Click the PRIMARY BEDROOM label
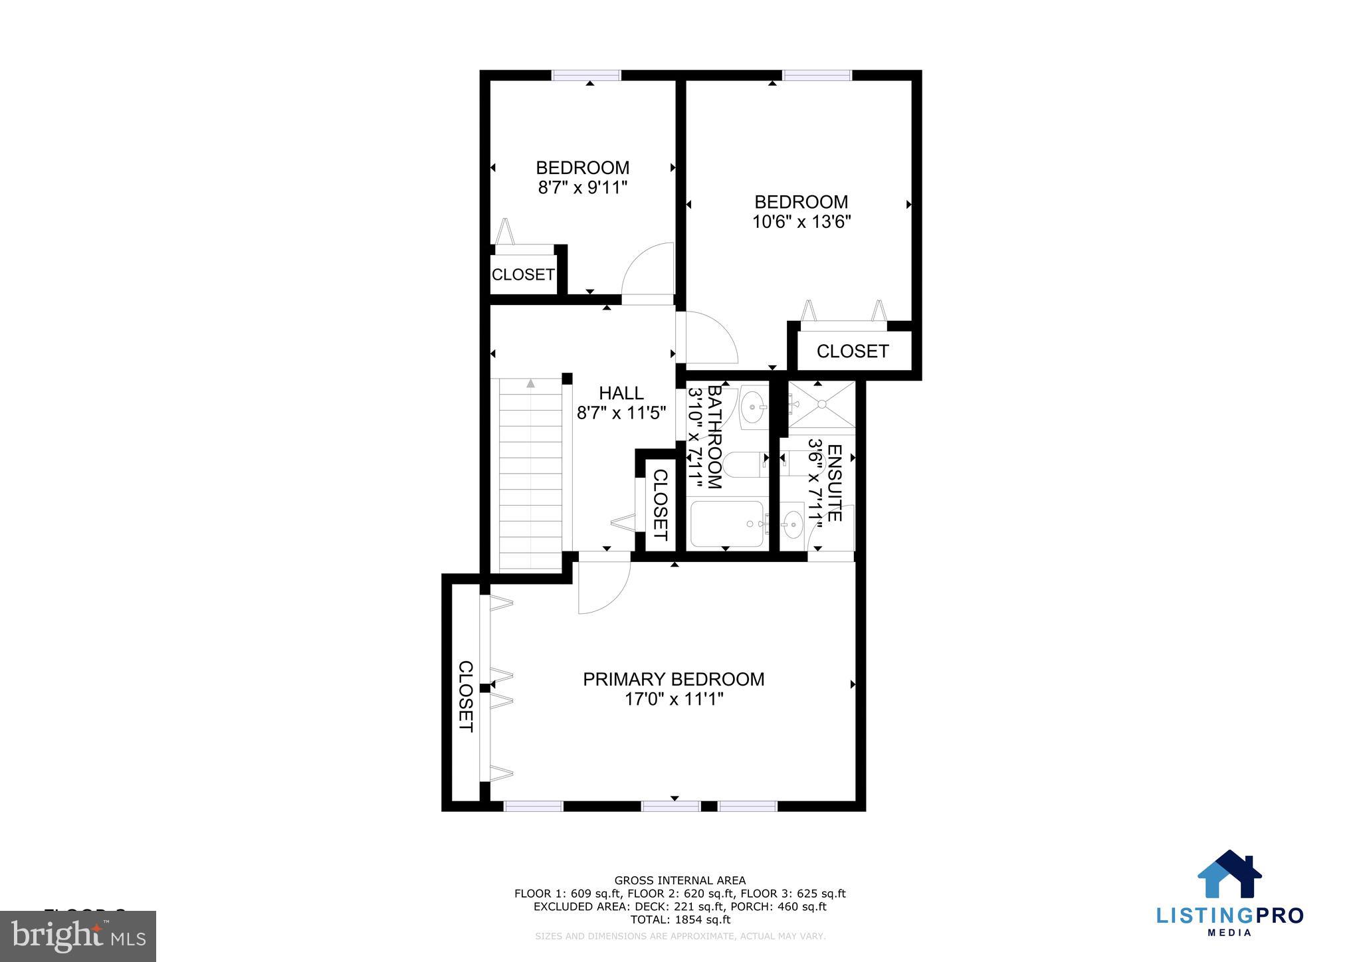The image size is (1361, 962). tap(673, 679)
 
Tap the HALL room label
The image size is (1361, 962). tap(621, 393)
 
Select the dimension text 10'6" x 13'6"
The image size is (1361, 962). tap(801, 222)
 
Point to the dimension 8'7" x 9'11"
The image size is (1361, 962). tap(582, 187)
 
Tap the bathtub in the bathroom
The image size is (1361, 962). tap(726, 524)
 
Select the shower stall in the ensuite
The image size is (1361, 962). tap(821, 405)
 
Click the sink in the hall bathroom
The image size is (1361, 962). tap(753, 406)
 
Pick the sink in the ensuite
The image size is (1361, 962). tap(791, 524)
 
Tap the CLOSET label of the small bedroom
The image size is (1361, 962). tap(523, 274)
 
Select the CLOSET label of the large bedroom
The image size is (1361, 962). tap(852, 351)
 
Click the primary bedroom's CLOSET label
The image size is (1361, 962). tap(465, 696)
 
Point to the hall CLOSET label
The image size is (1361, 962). tap(660, 505)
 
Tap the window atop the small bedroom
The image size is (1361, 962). tap(586, 75)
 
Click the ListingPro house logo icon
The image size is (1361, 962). tap(1229, 875)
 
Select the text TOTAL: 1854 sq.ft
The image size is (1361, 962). tap(680, 919)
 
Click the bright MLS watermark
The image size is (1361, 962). tap(78, 935)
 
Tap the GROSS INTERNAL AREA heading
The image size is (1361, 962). tap(680, 880)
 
